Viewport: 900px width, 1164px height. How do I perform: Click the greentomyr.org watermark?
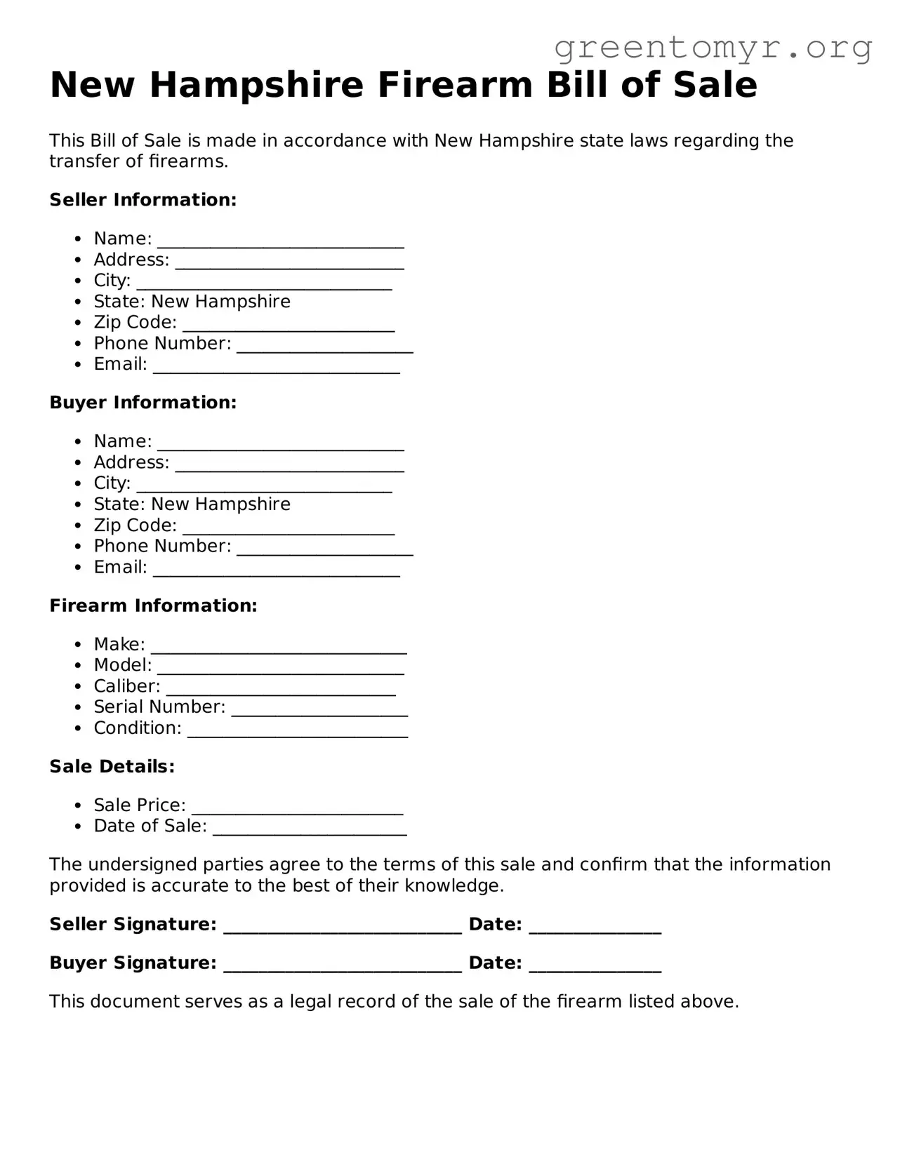click(713, 48)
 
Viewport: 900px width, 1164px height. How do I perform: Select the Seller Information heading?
click(143, 200)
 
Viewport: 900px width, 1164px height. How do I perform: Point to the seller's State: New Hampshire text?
click(192, 302)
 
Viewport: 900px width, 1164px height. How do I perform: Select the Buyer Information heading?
click(143, 403)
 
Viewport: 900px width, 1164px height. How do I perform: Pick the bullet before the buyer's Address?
click(79, 463)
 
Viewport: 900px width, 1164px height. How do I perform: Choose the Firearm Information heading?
click(153, 606)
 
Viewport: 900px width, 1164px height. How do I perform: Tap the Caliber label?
click(127, 686)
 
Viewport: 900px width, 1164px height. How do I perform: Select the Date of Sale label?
click(150, 826)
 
